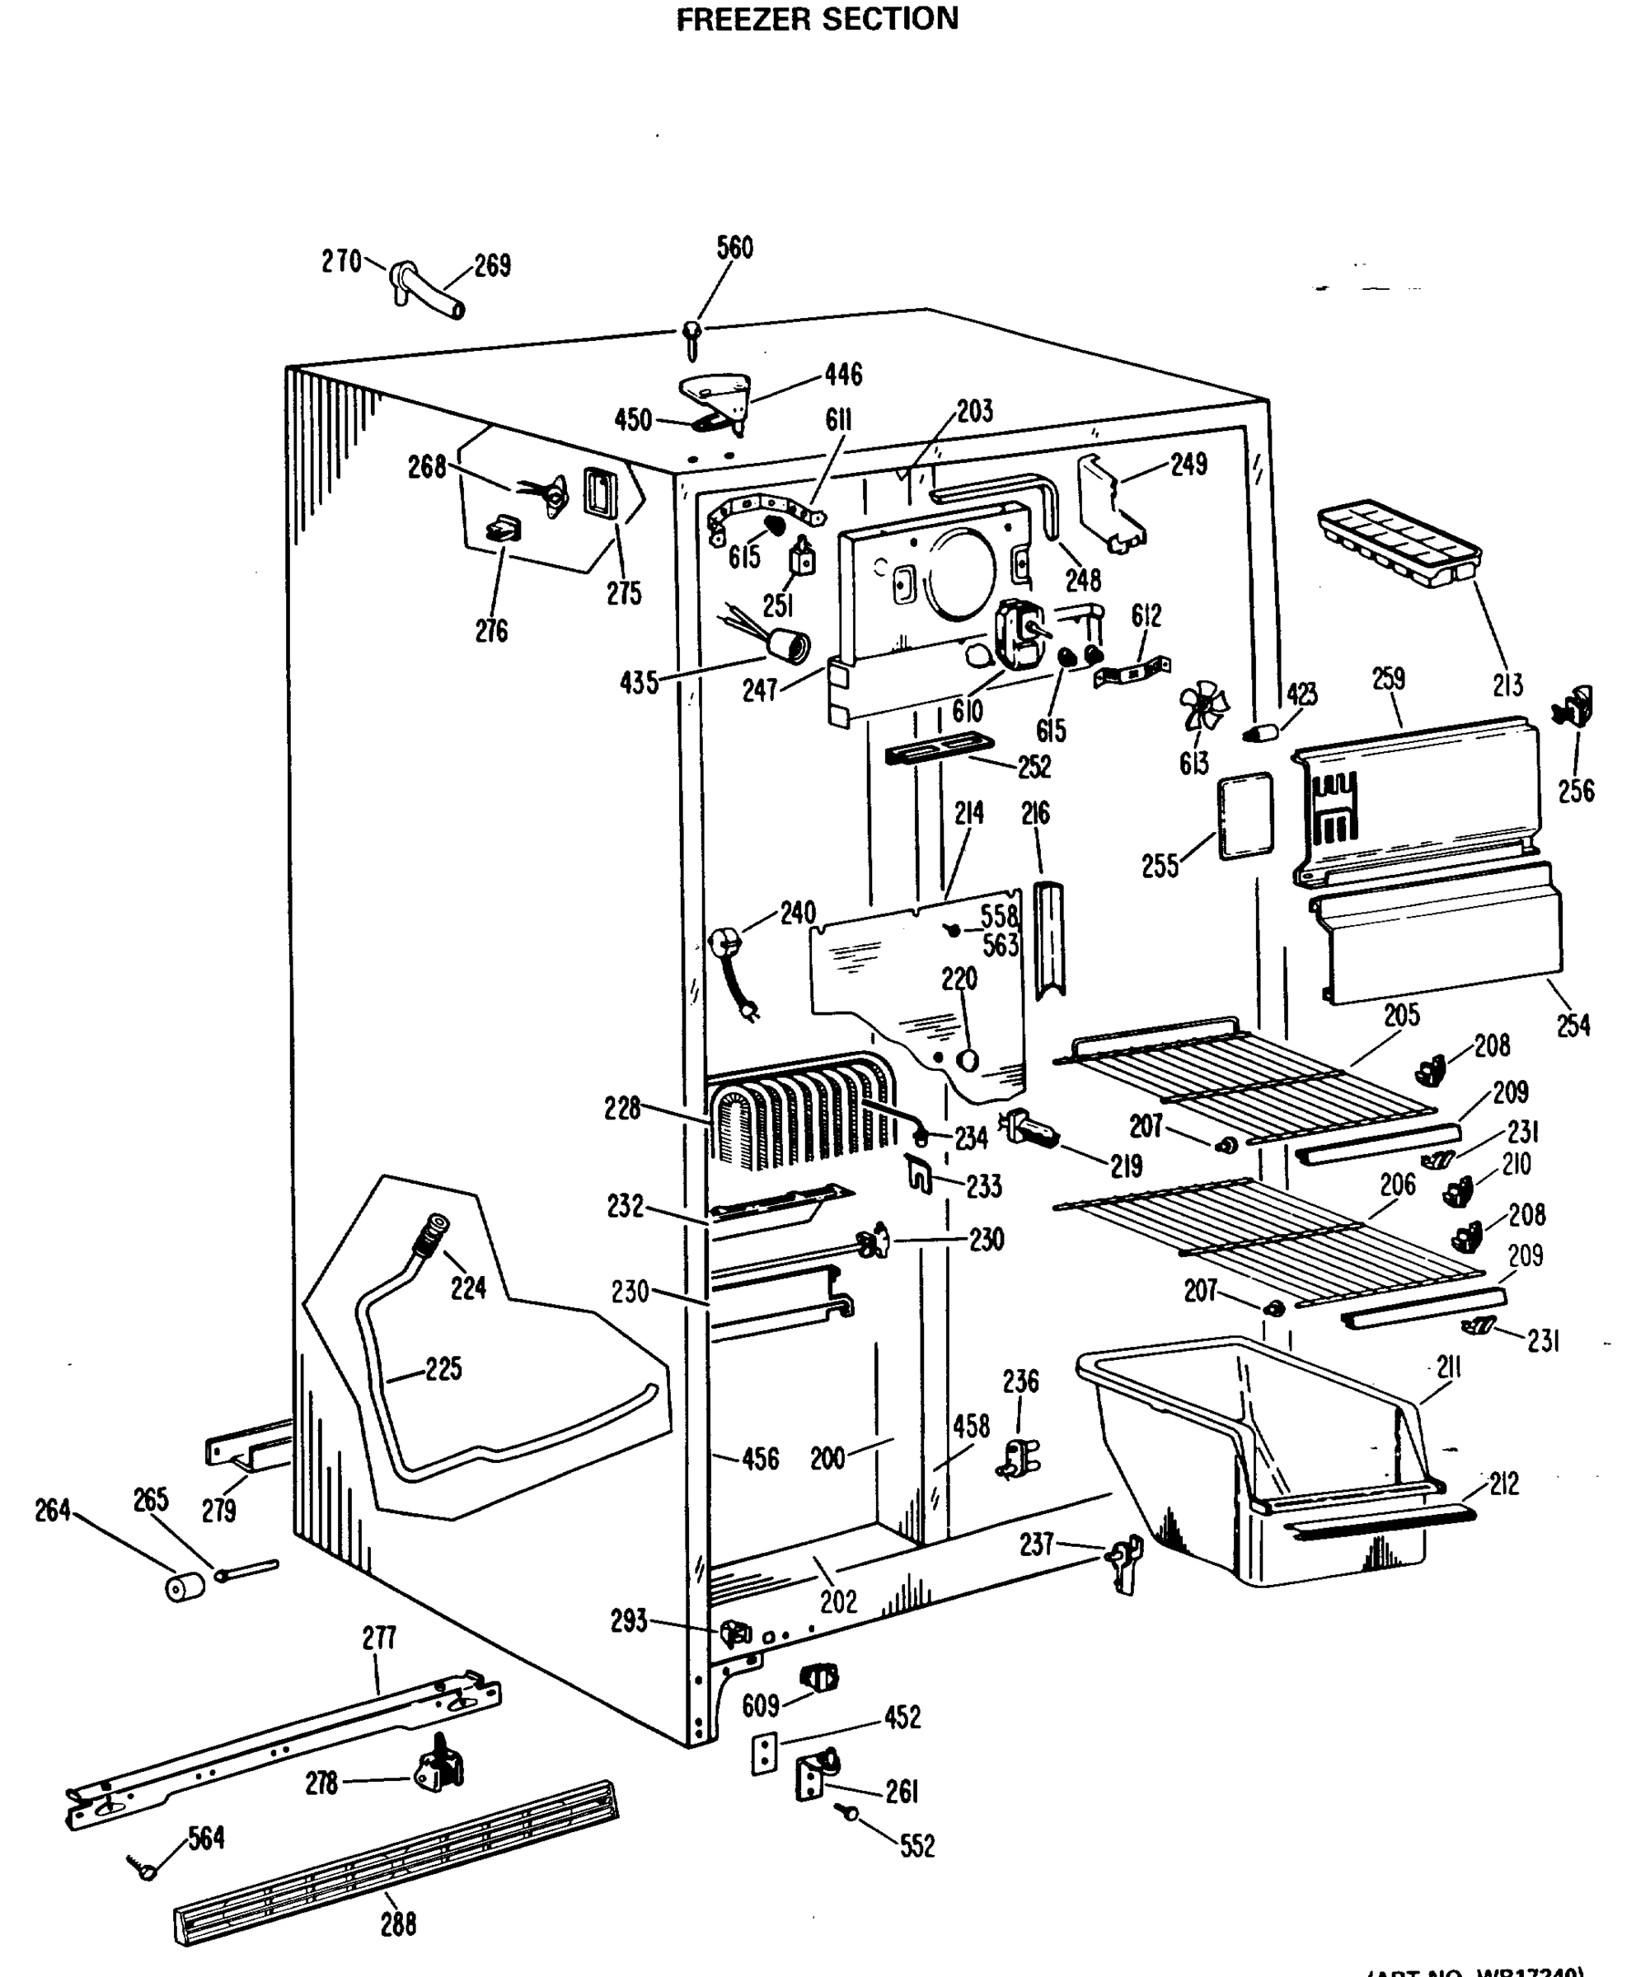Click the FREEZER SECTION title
tap(817, 19)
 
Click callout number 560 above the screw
tap(734, 248)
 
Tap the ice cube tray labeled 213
tap(1399, 544)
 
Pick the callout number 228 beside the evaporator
tap(622, 1108)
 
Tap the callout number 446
tap(843, 375)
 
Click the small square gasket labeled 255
tap(1245, 816)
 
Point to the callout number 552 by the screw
tap(917, 1846)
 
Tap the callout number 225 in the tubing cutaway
tap(443, 1368)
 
